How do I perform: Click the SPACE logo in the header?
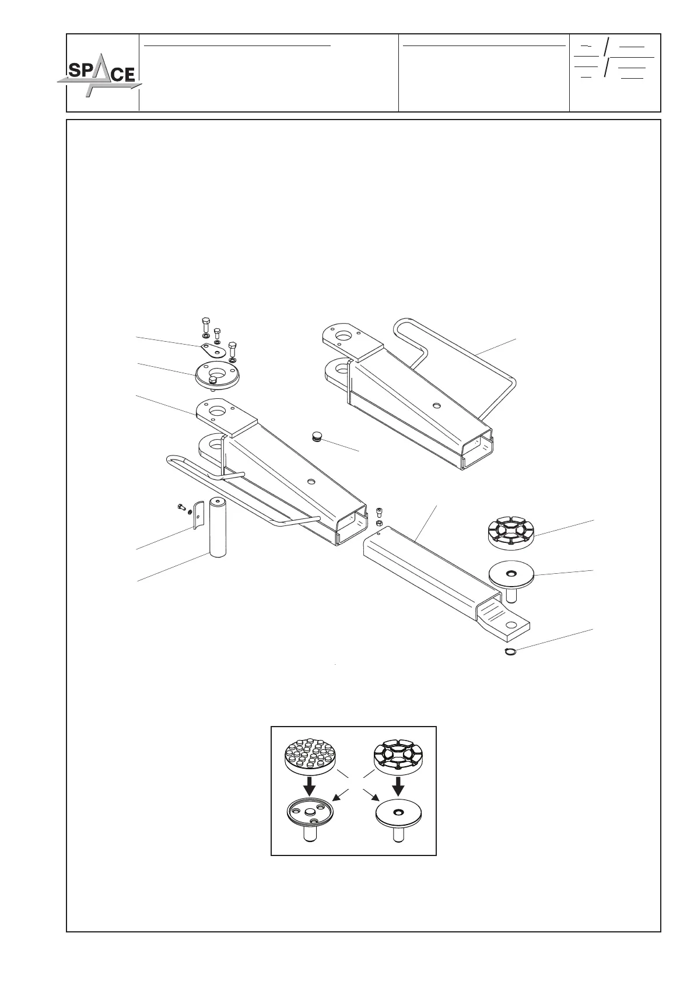[x=99, y=74]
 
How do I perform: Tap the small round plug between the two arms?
[x=317, y=436]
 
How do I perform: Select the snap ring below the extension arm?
[x=510, y=652]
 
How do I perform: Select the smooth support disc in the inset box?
[x=398, y=815]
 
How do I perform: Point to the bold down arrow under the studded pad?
[x=310, y=784]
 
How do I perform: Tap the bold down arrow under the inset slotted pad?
[x=398, y=785]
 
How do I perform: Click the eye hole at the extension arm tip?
[x=511, y=625]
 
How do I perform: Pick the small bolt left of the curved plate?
[x=180, y=507]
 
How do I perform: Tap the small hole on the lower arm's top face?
[x=311, y=481]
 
